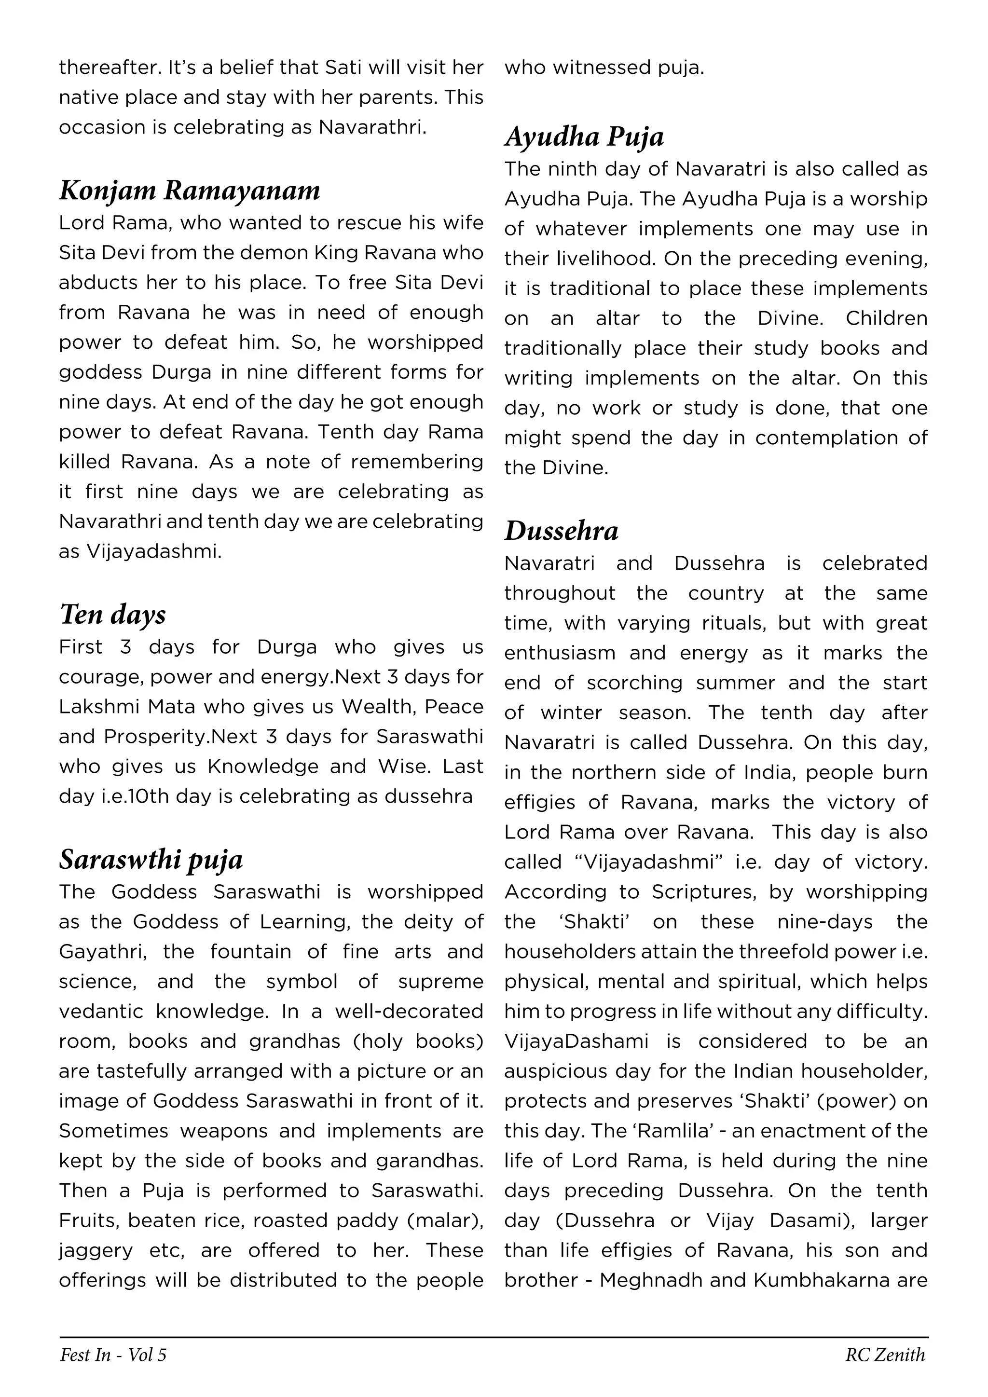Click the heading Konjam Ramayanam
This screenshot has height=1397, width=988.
[190, 191]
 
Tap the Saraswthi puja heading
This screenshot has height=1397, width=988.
[151, 860]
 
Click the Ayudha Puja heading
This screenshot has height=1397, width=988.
[584, 137]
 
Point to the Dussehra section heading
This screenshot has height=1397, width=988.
[561, 531]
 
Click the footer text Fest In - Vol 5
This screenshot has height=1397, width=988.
[113, 1355]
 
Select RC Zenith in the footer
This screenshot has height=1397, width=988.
[885, 1355]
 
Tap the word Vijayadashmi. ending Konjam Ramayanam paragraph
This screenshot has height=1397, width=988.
[153, 551]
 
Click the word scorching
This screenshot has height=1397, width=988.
[634, 683]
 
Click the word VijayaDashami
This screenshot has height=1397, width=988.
[576, 1041]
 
